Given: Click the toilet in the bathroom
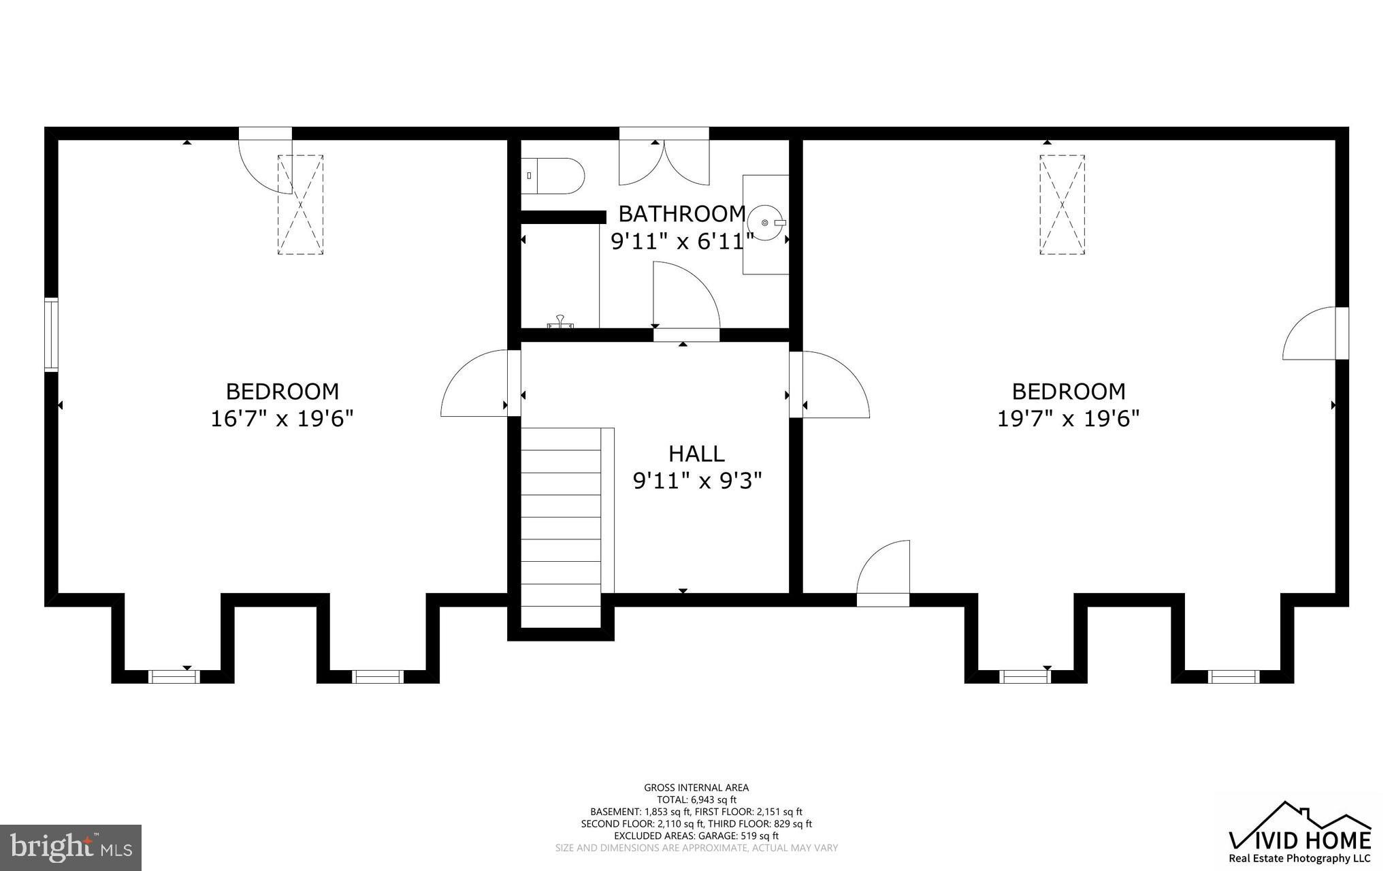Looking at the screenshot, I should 553,176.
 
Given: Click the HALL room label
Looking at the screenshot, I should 696,454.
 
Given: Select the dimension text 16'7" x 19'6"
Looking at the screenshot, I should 282,418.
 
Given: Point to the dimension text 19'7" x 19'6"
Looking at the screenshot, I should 1068,418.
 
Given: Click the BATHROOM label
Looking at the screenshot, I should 682,214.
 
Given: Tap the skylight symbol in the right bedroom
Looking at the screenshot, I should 1062,205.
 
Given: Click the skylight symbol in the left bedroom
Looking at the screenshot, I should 300,205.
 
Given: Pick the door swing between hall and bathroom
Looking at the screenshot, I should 684,300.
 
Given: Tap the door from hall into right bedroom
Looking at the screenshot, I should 834,385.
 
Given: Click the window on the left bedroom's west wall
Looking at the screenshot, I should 51,334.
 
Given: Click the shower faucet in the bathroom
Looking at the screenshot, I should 560,321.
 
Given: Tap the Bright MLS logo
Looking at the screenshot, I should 71,846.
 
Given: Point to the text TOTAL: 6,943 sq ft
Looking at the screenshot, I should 696,799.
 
